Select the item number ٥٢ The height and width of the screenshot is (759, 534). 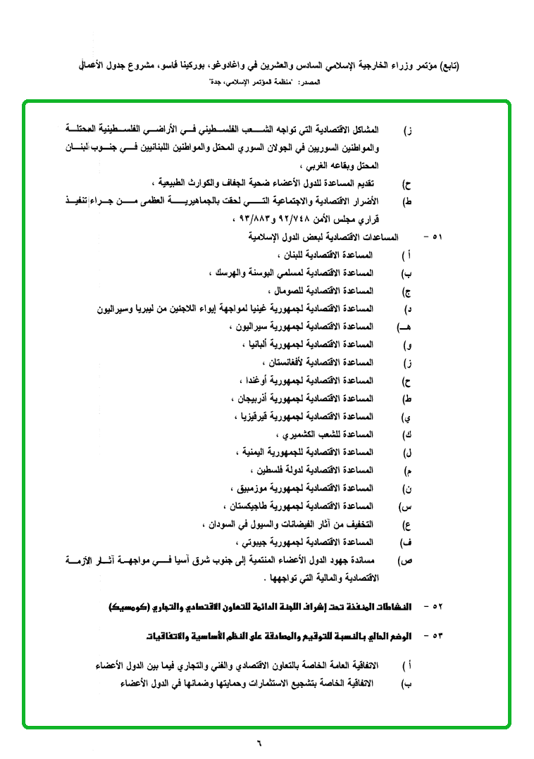pos(436,606)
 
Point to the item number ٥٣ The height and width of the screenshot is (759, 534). pos(436,636)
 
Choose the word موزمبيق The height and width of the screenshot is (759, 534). pos(250,488)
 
